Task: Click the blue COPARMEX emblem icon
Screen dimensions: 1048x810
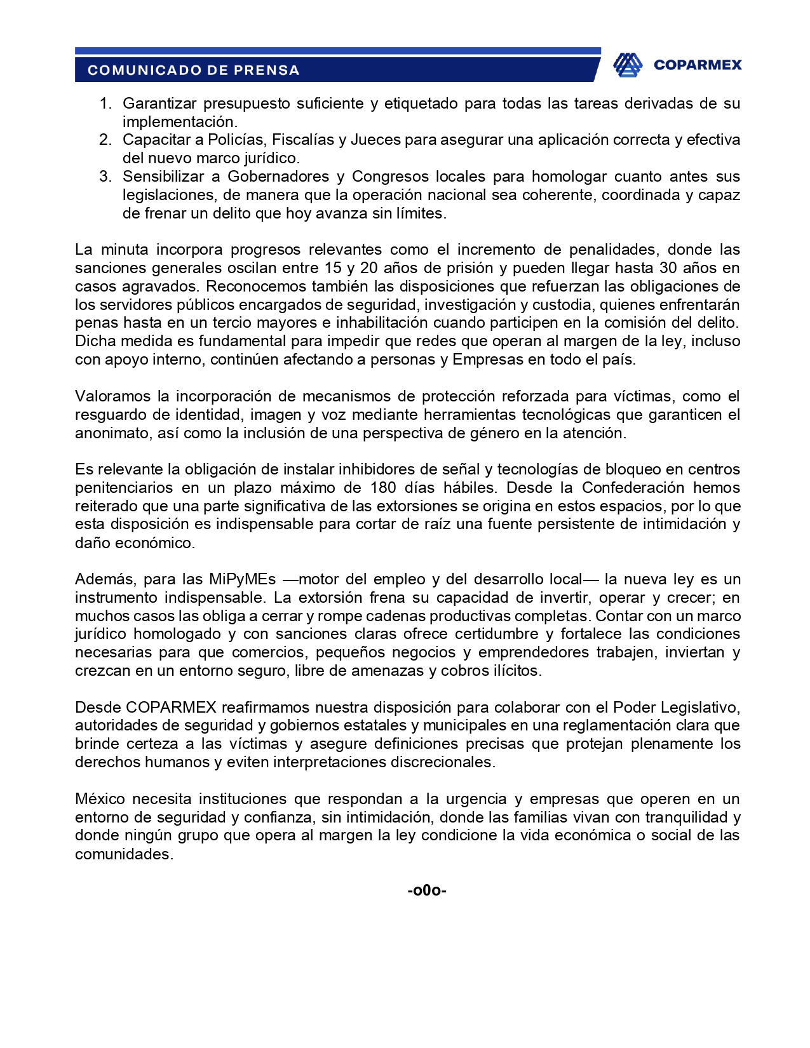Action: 627,65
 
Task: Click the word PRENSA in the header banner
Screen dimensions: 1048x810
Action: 266,71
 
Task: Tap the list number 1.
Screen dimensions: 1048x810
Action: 105,104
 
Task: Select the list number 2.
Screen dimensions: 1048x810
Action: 105,140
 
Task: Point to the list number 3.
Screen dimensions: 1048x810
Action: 105,177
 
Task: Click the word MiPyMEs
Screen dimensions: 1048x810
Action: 242,579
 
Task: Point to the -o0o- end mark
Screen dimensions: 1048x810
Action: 427,890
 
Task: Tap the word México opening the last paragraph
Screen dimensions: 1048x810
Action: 100,799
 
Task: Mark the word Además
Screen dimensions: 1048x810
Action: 105,579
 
